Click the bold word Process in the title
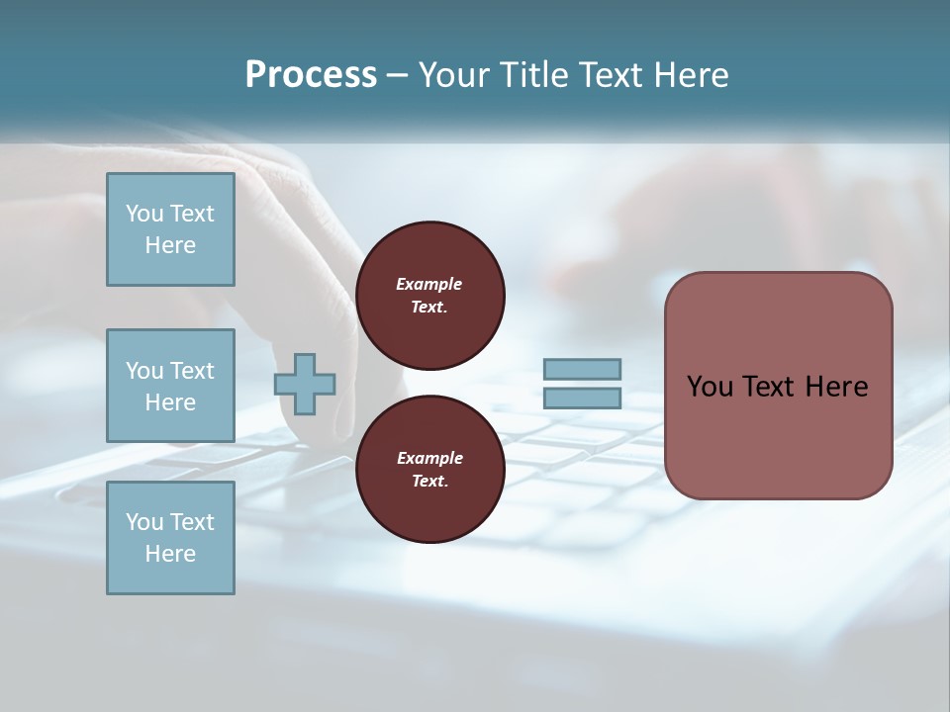pos(311,75)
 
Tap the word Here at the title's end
pos(689,75)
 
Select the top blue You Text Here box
pos(170,229)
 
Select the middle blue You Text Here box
pos(170,386)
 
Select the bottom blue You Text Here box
pos(170,538)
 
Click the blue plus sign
pos(305,384)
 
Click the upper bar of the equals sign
pos(582,369)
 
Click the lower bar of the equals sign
pos(582,398)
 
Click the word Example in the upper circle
pos(429,284)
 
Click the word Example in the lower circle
pos(429,458)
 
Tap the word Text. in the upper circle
pos(429,307)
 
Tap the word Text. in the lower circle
pos(429,481)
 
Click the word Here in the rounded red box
pos(836,387)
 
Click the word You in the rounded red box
pos(710,387)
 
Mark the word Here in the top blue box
pos(170,245)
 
